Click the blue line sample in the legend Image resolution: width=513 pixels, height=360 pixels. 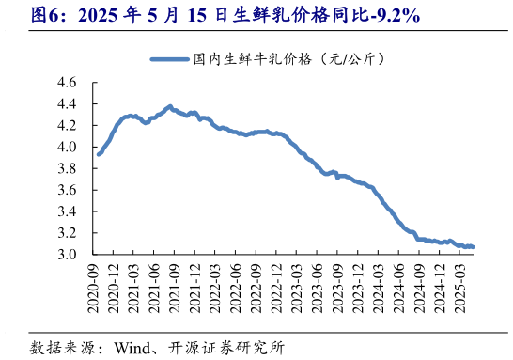click(168, 59)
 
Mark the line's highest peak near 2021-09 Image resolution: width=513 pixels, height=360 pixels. click(170, 106)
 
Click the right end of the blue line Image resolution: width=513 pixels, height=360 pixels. click(474, 247)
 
